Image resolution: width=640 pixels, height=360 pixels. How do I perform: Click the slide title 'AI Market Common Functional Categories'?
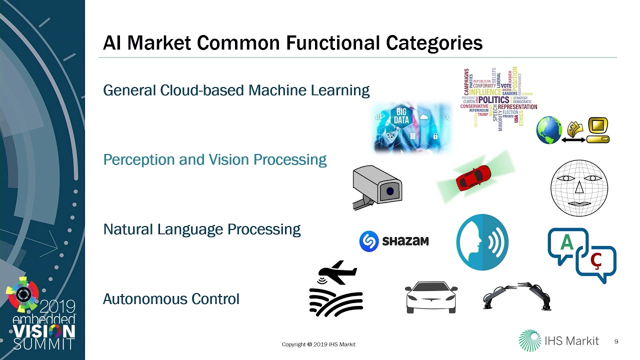click(x=292, y=43)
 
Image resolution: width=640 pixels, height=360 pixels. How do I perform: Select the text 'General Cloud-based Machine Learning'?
click(x=236, y=90)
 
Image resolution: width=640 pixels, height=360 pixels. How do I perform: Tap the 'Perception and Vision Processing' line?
click(x=214, y=159)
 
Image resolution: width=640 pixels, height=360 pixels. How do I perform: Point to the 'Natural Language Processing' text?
click(x=201, y=229)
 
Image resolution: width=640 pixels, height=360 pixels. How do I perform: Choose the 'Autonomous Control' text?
click(x=171, y=299)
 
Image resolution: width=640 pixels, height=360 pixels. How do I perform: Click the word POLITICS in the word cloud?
click(x=493, y=99)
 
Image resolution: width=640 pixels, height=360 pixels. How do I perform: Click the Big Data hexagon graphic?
click(x=401, y=115)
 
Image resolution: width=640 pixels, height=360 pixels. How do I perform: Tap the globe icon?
click(x=549, y=130)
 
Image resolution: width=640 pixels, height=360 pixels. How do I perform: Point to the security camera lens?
click(x=390, y=191)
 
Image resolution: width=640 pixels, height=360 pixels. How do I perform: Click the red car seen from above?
click(x=472, y=178)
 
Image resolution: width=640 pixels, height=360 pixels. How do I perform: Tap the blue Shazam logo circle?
click(x=369, y=241)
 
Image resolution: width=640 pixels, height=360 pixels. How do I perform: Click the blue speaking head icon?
click(x=482, y=242)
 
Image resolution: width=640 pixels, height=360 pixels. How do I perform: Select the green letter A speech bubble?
click(x=566, y=243)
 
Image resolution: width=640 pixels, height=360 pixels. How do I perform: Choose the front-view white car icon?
click(x=430, y=296)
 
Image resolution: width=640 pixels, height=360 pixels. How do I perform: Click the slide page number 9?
click(x=616, y=341)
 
